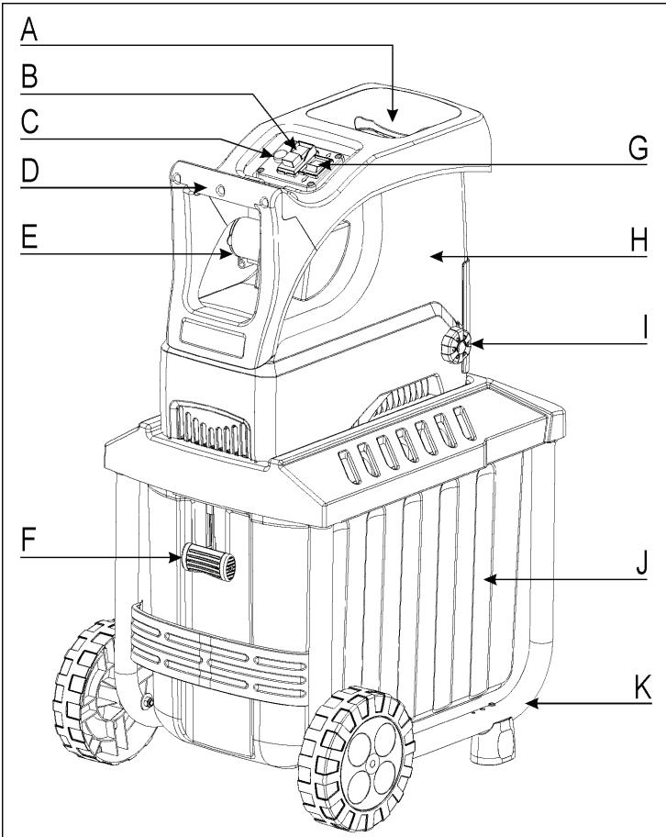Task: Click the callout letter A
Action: click(30, 28)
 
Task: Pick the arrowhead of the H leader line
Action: click(438, 260)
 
